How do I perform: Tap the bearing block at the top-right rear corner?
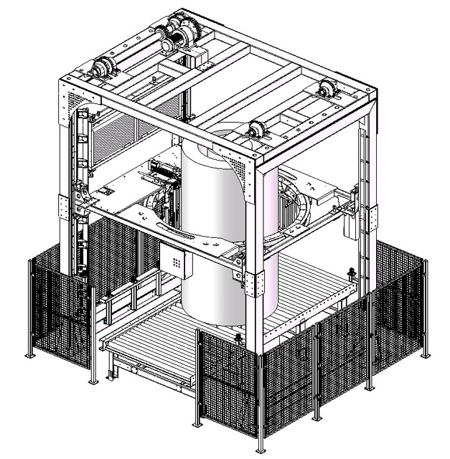point(329,91)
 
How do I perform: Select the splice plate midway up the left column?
point(74,205)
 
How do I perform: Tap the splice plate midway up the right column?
point(373,216)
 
